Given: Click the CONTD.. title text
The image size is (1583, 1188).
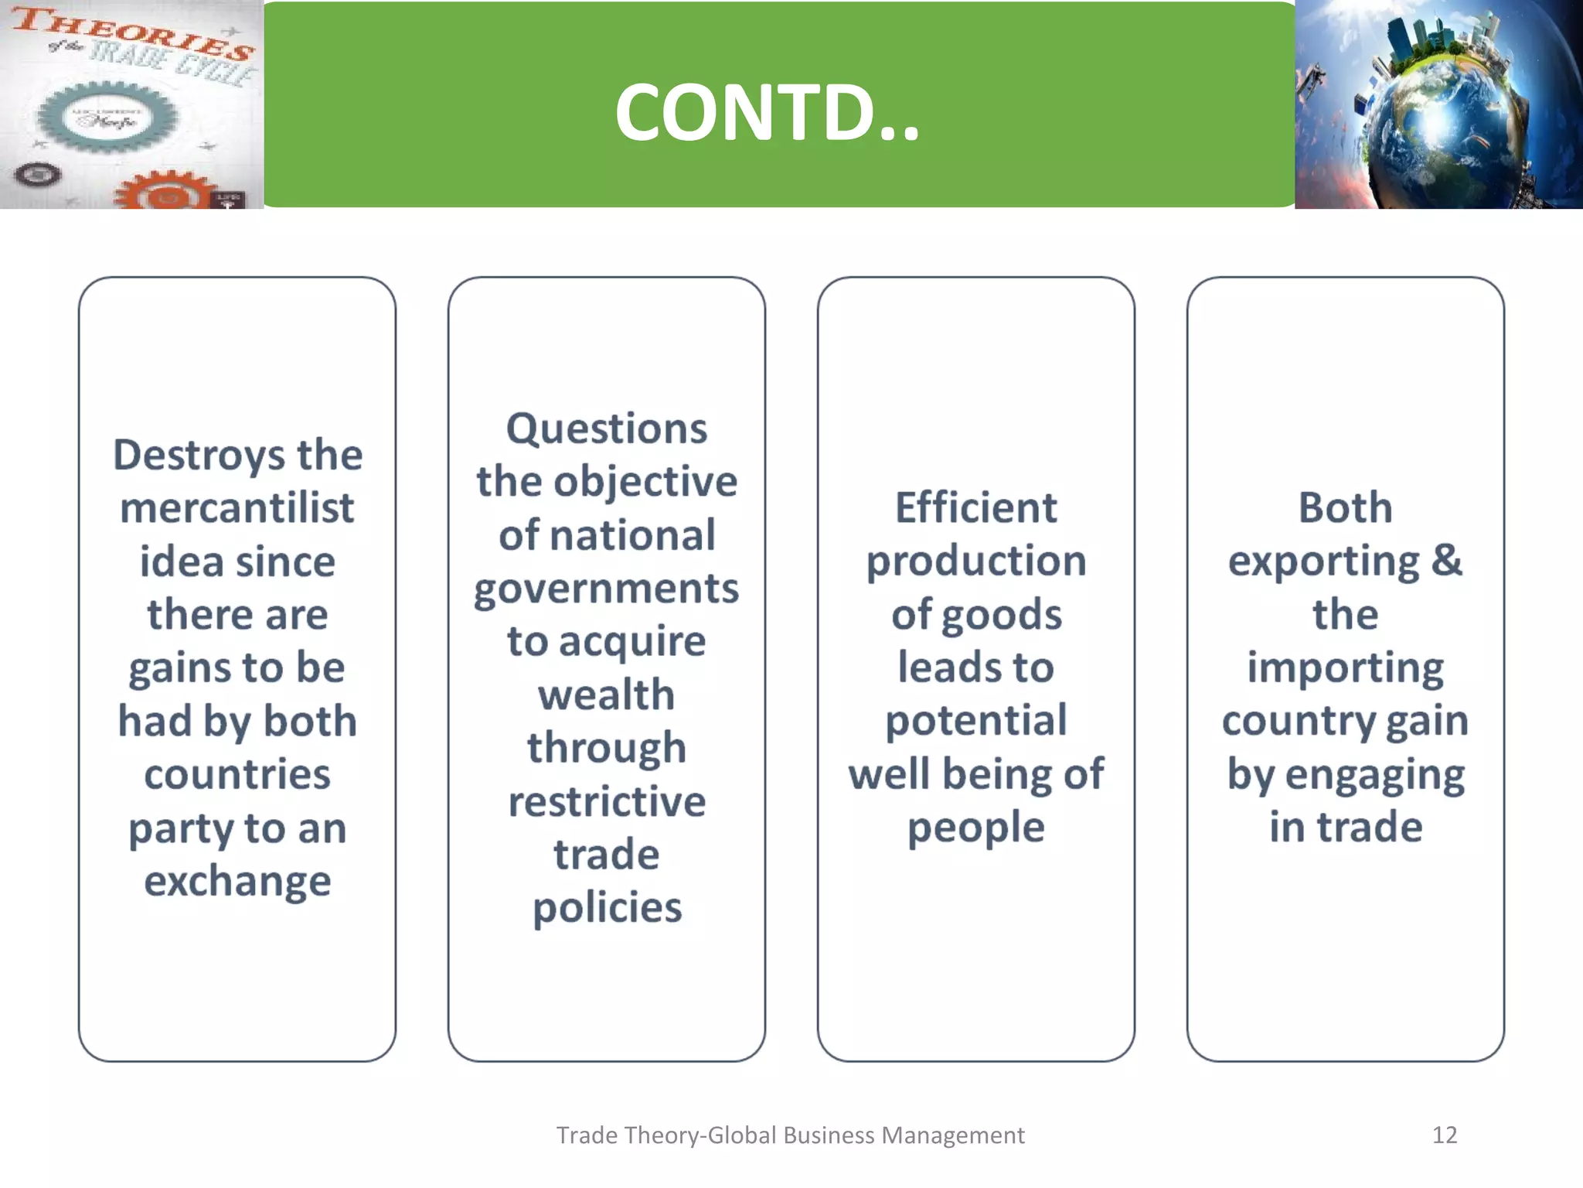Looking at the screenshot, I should pyautogui.click(x=767, y=113).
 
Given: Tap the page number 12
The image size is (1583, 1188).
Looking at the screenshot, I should pyautogui.click(x=1444, y=1135).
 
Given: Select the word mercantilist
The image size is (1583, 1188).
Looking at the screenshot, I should pyautogui.click(x=237, y=508).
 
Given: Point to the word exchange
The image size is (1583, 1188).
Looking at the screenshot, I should pyautogui.click(x=237, y=881).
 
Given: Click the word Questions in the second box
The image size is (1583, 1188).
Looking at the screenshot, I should pyautogui.click(x=606, y=428).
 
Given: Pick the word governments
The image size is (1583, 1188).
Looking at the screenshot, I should pyautogui.click(x=606, y=589).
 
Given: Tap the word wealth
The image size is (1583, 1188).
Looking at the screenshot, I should pyautogui.click(x=606, y=695).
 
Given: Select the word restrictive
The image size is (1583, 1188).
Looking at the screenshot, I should pyautogui.click(x=606, y=801).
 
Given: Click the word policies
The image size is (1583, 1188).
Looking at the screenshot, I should pyautogui.click(x=606, y=907).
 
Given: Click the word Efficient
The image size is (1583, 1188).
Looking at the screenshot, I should pyautogui.click(x=975, y=508).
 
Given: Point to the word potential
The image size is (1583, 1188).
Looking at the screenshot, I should pyautogui.click(x=975, y=721).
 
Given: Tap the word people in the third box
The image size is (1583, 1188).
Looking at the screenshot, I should pyautogui.click(x=975, y=828).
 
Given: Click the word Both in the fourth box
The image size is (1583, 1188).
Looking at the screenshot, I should pyautogui.click(x=1345, y=508).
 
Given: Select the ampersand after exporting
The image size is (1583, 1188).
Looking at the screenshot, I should pyautogui.click(x=1446, y=560).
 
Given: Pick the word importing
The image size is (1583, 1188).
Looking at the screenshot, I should pyautogui.click(x=1345, y=668).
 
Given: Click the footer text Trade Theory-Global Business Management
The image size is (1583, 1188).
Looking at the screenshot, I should pyautogui.click(x=790, y=1135).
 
